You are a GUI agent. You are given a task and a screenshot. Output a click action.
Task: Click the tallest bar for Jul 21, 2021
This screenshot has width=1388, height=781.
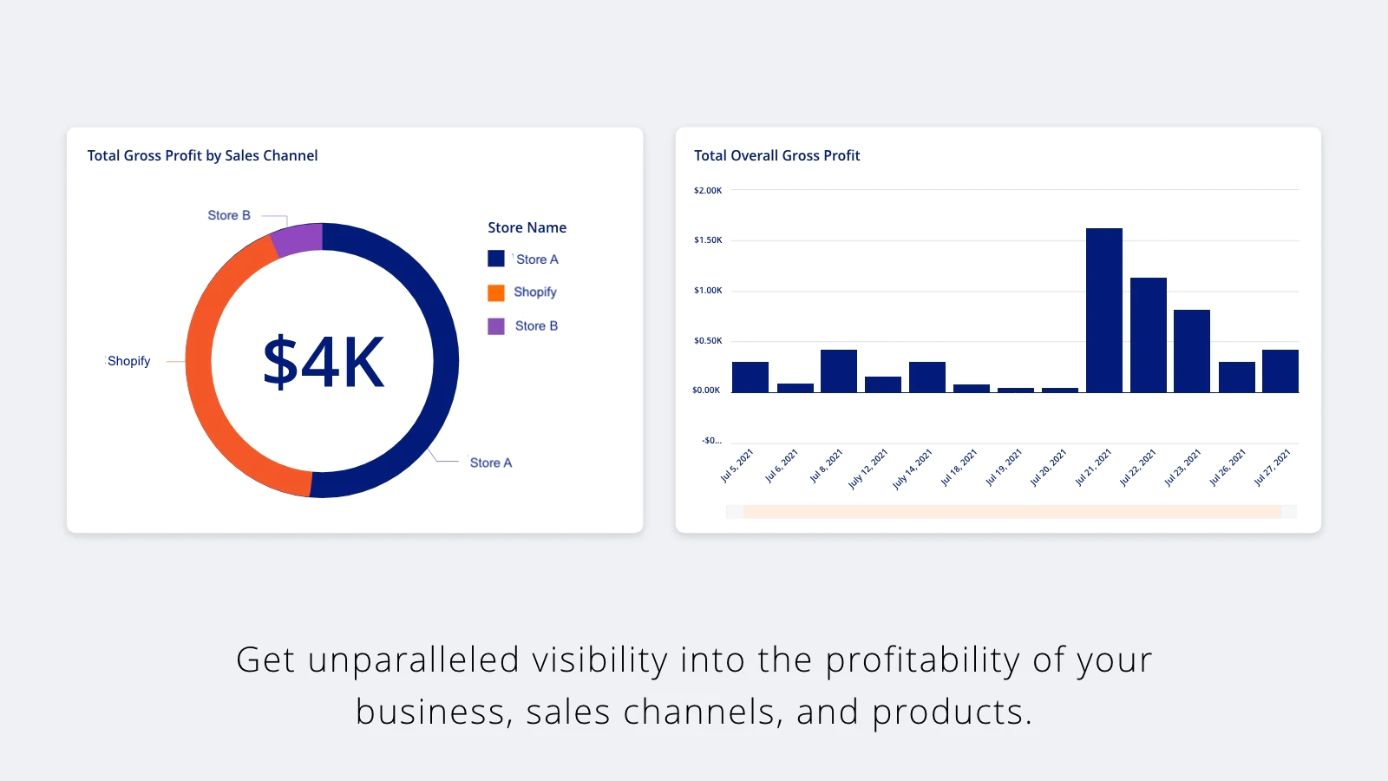[1103, 310]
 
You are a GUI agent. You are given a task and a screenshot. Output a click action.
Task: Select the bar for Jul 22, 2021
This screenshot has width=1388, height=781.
[1148, 335]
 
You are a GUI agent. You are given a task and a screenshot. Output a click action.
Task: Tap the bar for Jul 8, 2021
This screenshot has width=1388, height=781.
[838, 371]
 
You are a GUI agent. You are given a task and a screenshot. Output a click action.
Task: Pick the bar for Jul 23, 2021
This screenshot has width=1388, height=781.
[1191, 351]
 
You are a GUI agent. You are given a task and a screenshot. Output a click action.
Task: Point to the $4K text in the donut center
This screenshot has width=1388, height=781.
[323, 362]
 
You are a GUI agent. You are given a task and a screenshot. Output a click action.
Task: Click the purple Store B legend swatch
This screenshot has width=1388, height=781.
[496, 326]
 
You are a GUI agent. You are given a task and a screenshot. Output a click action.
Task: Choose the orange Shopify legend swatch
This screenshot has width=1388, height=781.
[496, 292]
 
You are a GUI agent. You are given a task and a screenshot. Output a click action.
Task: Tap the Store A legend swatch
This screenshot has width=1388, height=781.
[496, 259]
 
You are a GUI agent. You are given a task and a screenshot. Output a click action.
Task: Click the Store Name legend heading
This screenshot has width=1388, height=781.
[527, 227]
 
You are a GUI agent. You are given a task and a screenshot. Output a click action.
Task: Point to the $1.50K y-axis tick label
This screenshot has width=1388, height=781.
[708, 240]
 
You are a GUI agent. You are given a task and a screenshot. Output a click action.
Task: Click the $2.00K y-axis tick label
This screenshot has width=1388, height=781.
[708, 190]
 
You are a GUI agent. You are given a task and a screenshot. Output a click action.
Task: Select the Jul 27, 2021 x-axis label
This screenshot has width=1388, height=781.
[1272, 467]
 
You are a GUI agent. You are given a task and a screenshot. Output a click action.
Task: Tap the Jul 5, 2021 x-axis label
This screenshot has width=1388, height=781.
[737, 466]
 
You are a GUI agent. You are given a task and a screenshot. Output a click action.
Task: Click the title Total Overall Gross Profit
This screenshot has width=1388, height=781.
[776, 155]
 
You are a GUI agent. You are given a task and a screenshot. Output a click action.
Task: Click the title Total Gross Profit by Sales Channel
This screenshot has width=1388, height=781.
[202, 155]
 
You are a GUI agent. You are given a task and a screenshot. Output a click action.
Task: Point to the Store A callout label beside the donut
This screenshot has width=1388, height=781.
[490, 463]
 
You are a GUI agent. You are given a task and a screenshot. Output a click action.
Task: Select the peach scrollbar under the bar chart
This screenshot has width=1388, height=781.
[1012, 512]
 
